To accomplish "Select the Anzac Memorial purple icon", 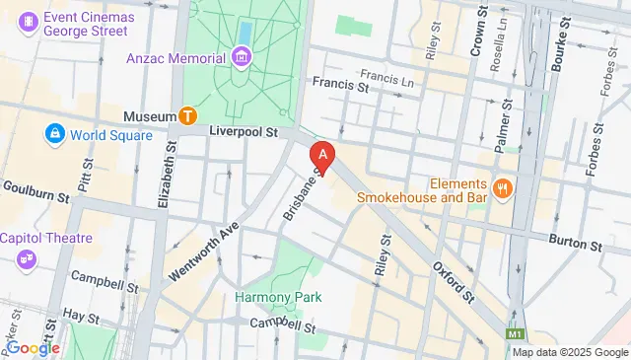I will click(x=242, y=57).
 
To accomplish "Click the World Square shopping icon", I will click(x=53, y=132).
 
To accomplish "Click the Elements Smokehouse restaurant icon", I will click(x=503, y=188).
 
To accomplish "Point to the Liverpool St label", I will click(x=244, y=130).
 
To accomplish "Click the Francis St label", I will click(x=339, y=86).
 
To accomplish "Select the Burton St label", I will click(x=576, y=243).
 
